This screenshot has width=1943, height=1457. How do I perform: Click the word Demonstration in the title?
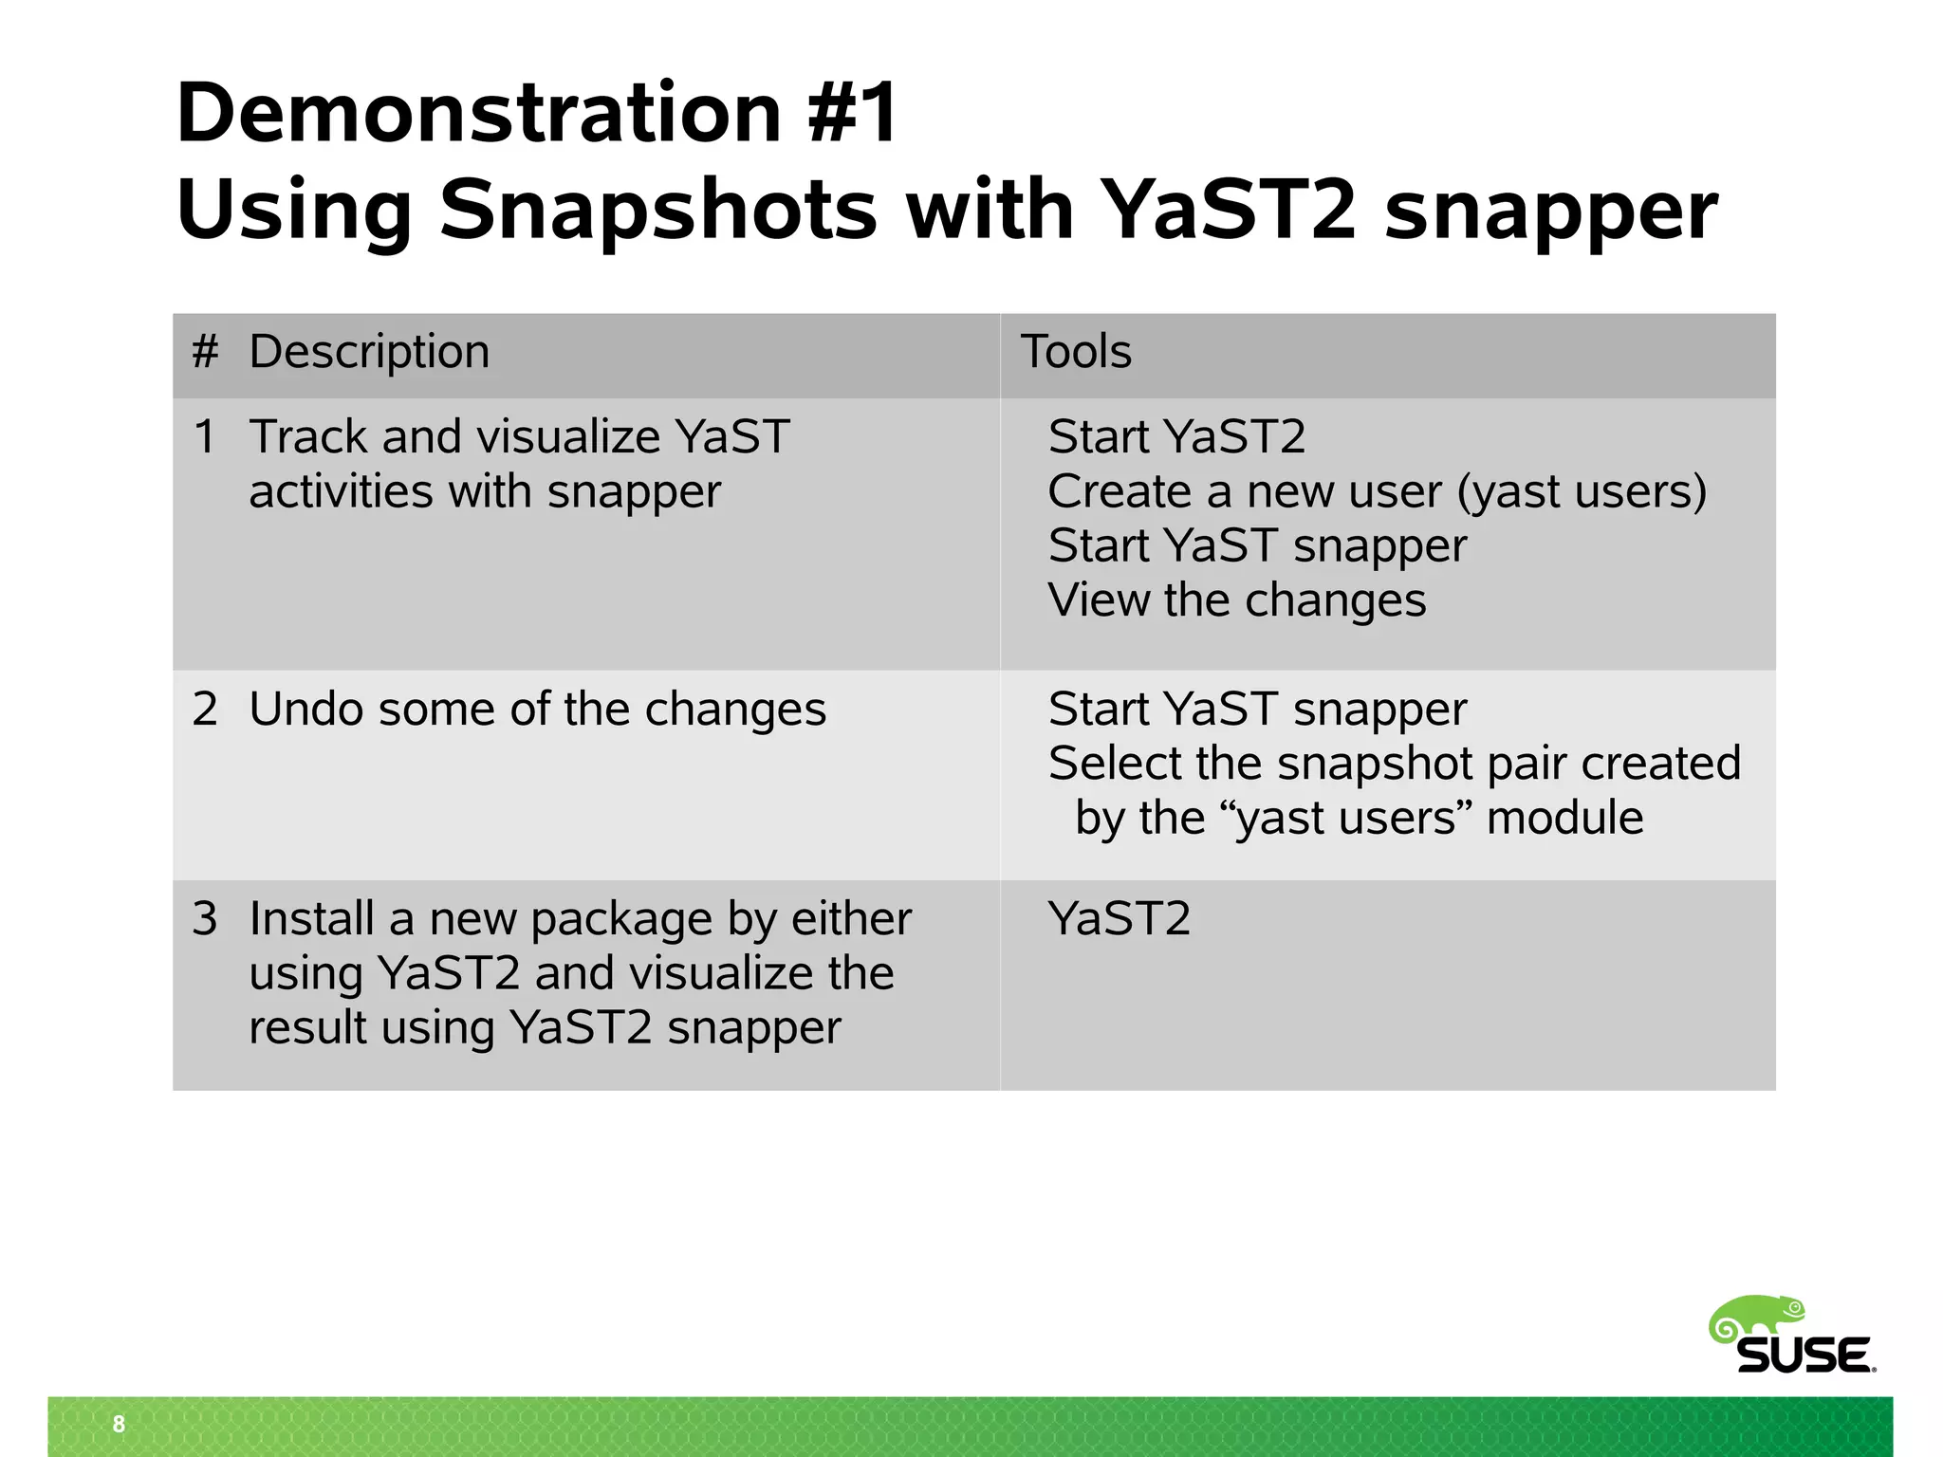(478, 114)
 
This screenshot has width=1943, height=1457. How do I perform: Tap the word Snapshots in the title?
(657, 211)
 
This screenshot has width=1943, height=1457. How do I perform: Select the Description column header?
(369, 352)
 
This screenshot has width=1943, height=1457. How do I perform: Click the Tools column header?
(1076, 352)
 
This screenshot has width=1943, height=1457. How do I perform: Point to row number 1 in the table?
(205, 437)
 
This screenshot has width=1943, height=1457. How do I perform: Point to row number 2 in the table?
(205, 710)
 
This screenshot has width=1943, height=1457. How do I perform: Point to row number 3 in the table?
(205, 919)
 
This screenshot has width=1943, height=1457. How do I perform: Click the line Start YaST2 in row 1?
(1176, 437)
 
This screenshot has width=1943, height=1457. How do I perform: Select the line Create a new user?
(1377, 492)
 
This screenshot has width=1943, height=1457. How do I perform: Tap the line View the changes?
(1236, 600)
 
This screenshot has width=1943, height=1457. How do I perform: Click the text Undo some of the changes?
(537, 710)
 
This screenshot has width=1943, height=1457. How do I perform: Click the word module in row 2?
(1564, 819)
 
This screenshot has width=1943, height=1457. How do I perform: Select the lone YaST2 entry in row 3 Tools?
(1119, 919)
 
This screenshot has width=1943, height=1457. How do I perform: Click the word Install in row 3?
(311, 919)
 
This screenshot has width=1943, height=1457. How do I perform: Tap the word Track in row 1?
(307, 437)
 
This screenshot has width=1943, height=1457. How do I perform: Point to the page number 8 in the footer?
(119, 1424)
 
